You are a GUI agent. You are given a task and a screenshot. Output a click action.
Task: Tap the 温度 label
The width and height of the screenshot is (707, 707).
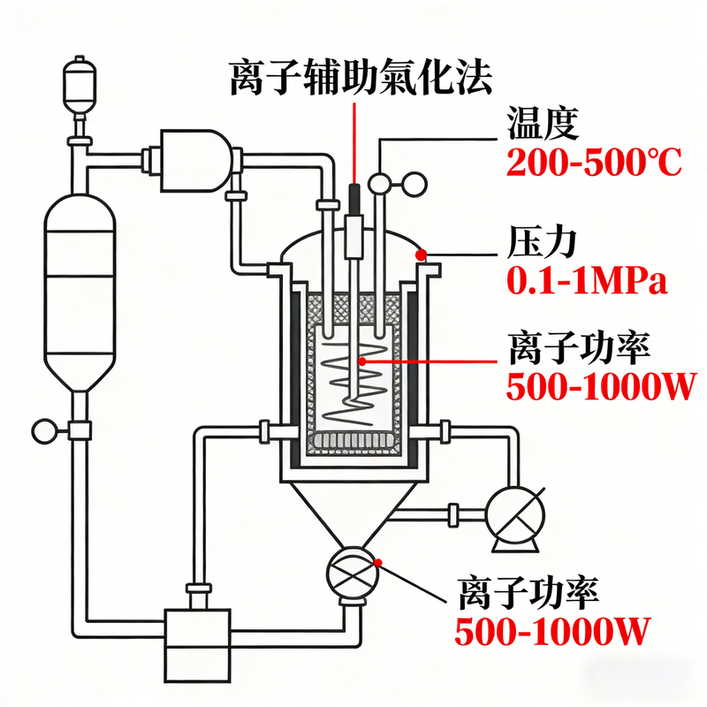544,125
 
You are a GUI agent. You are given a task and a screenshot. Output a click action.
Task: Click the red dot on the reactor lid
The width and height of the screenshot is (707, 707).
422,255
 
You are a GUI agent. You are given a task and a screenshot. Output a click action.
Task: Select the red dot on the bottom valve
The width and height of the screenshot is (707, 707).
378,561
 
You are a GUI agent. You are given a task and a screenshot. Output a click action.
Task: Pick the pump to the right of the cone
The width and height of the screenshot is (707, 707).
513,515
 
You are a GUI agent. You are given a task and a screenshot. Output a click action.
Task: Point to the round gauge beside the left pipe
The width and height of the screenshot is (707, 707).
44,431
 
